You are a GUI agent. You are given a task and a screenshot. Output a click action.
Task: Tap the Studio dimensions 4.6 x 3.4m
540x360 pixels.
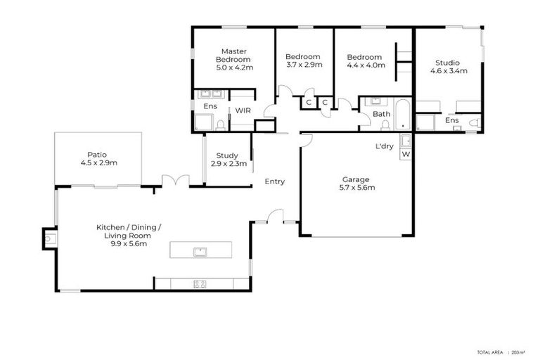(x=448, y=70)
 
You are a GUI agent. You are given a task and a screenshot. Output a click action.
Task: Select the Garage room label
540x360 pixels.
(x=355, y=179)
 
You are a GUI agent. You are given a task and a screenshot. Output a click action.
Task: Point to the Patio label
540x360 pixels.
(x=98, y=155)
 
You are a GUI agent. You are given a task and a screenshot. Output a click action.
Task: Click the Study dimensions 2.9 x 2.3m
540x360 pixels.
(x=227, y=164)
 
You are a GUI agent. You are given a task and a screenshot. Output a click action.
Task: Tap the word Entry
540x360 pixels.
(x=274, y=181)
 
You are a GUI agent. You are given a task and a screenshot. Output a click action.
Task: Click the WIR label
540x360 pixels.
(x=243, y=110)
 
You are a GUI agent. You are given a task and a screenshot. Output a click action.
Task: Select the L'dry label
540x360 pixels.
(x=384, y=146)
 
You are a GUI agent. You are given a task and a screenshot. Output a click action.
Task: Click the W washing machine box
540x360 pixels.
(x=405, y=154)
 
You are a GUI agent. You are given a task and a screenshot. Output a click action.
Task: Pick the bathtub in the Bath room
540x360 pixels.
(x=402, y=115)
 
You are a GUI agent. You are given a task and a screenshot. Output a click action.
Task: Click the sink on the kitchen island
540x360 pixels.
(x=200, y=250)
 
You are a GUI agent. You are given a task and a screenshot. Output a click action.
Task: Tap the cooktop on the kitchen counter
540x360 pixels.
(x=200, y=284)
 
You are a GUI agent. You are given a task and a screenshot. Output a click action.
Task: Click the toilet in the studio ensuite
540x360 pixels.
(x=473, y=124)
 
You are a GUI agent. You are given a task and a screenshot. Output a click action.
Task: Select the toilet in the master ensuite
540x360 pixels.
(x=221, y=125)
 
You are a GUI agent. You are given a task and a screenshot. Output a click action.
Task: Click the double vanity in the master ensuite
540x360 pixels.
(x=210, y=94)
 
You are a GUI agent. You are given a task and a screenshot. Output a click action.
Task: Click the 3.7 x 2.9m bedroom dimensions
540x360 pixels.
(x=304, y=65)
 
